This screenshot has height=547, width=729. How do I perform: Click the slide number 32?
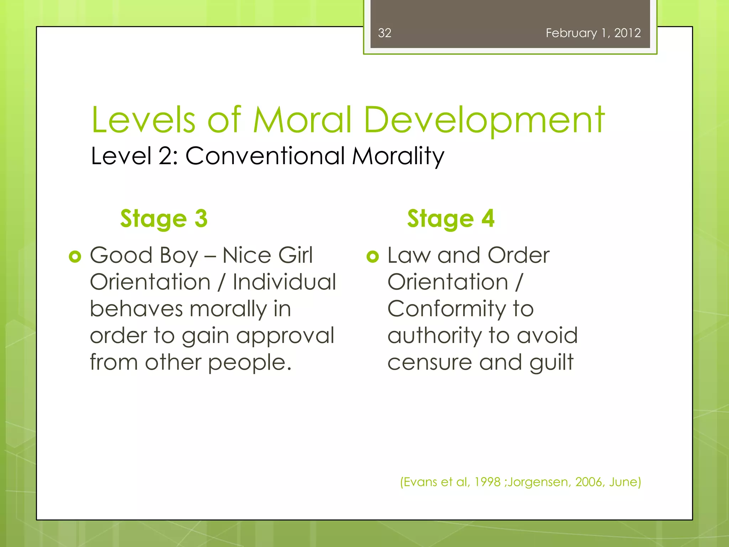coord(384,33)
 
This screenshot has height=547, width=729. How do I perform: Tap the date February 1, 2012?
coord(593,33)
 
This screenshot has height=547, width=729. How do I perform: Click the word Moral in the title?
coord(302,120)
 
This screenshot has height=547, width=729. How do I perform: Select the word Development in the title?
coord(484,120)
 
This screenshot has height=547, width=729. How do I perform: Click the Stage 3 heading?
coord(164,218)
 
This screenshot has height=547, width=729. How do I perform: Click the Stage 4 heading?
coord(451,218)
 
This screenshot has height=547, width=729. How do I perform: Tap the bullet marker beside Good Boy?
coord(75,256)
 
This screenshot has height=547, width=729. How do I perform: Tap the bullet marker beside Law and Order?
coord(373,256)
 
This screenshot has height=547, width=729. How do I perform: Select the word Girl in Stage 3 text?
coord(295,255)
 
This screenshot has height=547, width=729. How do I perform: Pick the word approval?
coord(285,336)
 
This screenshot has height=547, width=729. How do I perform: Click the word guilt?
coord(551,363)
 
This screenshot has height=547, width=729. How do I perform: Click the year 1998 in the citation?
coord(487,482)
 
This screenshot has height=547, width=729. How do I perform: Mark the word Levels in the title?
coord(143,120)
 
